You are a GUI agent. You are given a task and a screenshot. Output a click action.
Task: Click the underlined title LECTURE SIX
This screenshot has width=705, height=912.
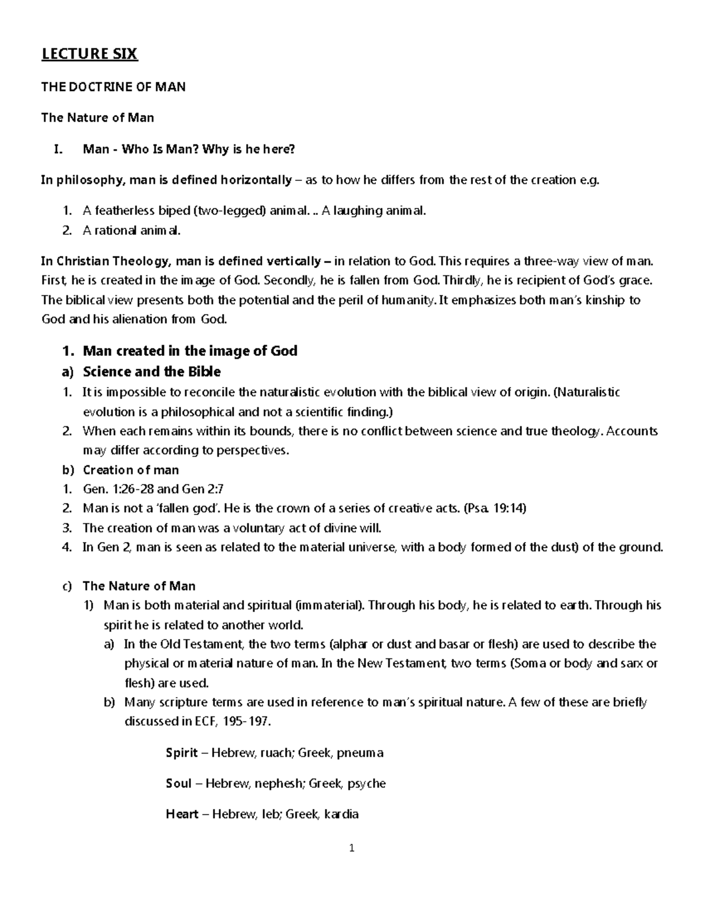[x=89, y=55]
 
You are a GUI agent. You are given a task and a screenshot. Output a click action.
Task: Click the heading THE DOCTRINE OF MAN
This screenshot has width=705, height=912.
[x=113, y=87]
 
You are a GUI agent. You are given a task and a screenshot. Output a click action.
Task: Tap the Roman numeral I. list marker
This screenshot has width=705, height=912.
[x=57, y=149]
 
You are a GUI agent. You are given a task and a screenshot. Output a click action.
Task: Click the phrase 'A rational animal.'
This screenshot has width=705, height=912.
[x=132, y=231]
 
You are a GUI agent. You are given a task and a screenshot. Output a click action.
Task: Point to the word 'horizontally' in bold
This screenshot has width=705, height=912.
[x=256, y=180]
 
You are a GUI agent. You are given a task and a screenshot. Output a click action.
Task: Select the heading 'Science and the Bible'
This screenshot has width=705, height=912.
[x=152, y=372]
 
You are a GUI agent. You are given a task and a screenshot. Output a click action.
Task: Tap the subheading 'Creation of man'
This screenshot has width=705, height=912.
[x=130, y=470]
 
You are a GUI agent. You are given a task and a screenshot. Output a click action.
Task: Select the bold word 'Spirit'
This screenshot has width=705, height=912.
[x=182, y=753]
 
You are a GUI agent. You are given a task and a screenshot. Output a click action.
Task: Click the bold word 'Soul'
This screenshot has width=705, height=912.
[x=179, y=783]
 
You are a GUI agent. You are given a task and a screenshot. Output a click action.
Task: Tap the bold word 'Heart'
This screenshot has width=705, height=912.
[x=182, y=815]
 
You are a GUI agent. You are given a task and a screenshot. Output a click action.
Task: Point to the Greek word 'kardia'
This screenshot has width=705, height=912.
[x=338, y=815]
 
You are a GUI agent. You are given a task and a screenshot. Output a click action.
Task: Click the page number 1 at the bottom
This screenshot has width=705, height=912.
[x=351, y=848]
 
